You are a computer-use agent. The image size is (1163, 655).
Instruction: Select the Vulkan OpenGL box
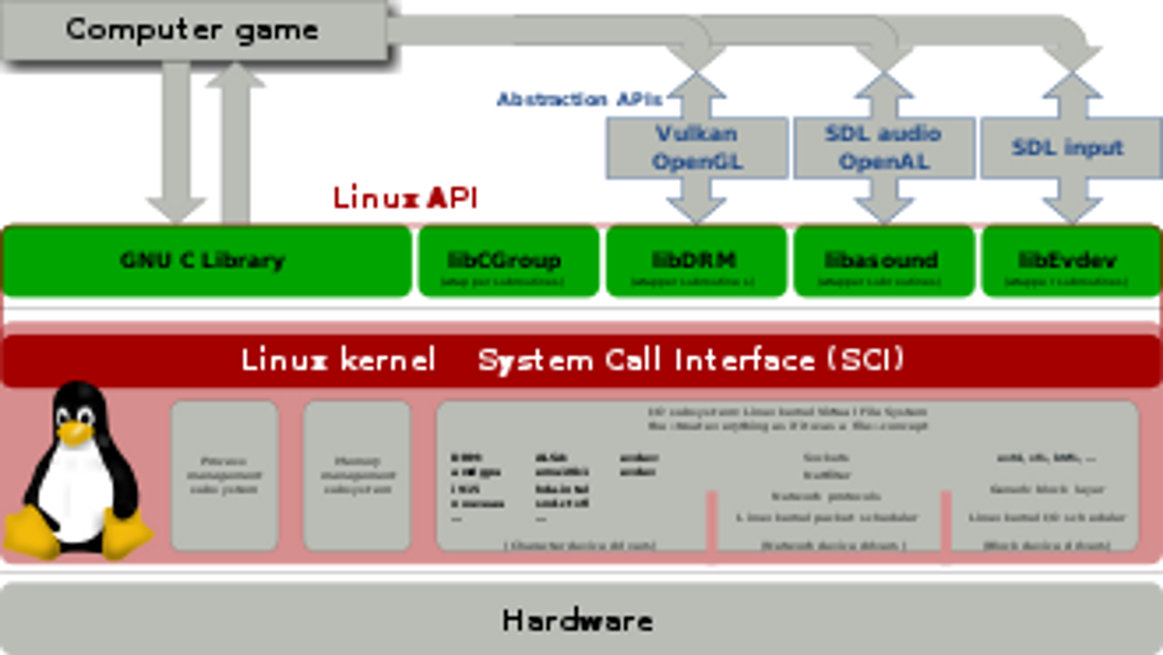697,147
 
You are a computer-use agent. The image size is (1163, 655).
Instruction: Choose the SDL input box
1067,147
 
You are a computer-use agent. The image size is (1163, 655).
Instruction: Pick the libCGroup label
504,260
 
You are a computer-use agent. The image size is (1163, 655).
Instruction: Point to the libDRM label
694,260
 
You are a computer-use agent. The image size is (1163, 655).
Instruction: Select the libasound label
881,260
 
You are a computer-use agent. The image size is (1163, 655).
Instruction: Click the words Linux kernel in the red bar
338,360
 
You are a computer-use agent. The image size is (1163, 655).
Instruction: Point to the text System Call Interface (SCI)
691,360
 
